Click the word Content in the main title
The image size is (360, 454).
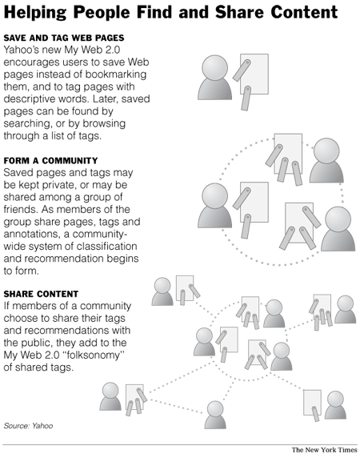305,12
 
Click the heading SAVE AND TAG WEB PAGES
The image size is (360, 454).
64,38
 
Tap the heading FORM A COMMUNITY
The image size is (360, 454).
50,161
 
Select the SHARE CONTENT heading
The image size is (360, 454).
41,294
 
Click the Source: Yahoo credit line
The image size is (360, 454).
28,426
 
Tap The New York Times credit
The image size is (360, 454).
325,450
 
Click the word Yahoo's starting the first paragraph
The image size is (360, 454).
21,50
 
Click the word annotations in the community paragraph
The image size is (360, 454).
34,234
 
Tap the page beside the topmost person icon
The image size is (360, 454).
254,74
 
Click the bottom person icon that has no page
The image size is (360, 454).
215,415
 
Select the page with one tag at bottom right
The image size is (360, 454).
312,403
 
